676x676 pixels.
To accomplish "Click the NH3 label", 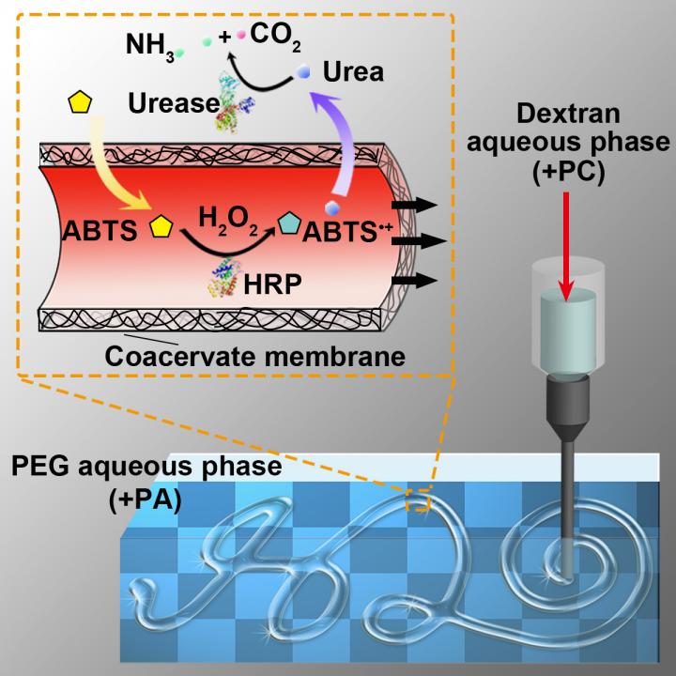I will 147,44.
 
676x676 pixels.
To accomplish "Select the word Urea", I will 352,70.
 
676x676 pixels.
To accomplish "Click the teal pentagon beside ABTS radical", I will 289,224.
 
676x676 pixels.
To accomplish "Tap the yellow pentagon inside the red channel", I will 161,226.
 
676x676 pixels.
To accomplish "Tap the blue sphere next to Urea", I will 303,71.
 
